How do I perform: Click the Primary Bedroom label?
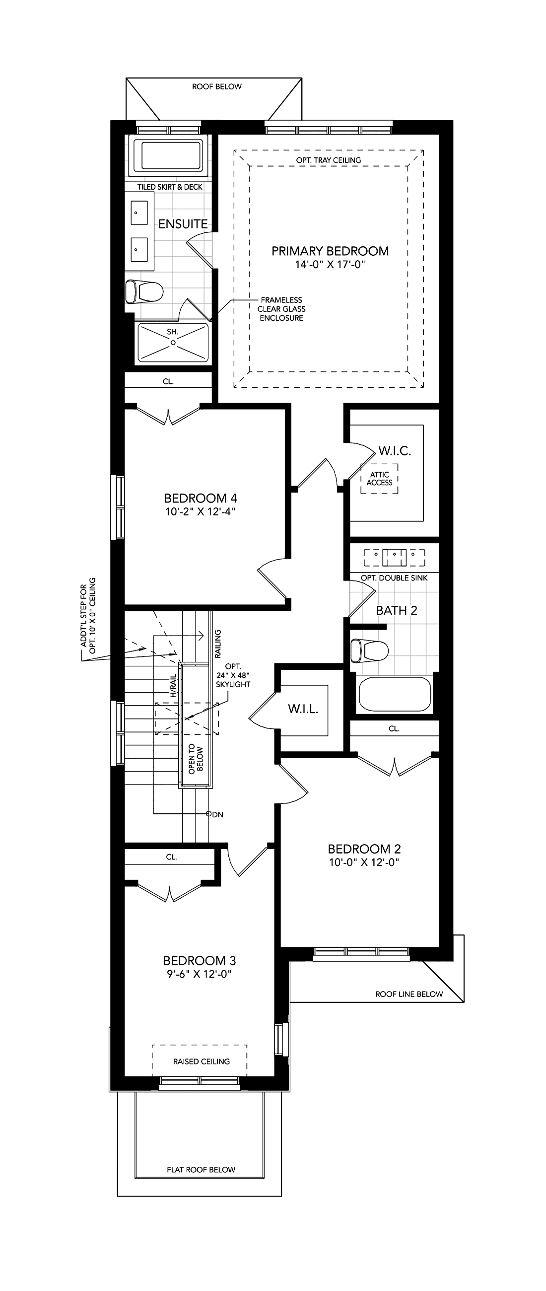(x=330, y=251)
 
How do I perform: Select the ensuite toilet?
(x=144, y=291)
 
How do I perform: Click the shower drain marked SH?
(x=173, y=343)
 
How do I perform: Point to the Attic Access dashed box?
(x=380, y=479)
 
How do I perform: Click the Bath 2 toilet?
(x=370, y=651)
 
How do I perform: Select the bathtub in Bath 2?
(x=395, y=694)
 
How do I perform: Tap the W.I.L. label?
(x=303, y=709)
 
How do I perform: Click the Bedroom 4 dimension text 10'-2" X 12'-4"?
(x=201, y=511)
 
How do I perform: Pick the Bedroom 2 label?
(x=364, y=849)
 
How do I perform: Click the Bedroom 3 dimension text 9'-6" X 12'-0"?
(x=200, y=973)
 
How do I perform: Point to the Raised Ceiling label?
(x=202, y=1061)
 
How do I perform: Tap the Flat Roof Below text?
(x=201, y=1169)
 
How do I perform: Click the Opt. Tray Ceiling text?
(x=328, y=160)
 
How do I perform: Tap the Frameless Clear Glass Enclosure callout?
(x=281, y=309)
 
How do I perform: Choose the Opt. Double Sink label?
(x=394, y=578)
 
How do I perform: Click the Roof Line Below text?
(x=409, y=994)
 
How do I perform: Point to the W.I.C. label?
(x=395, y=450)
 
